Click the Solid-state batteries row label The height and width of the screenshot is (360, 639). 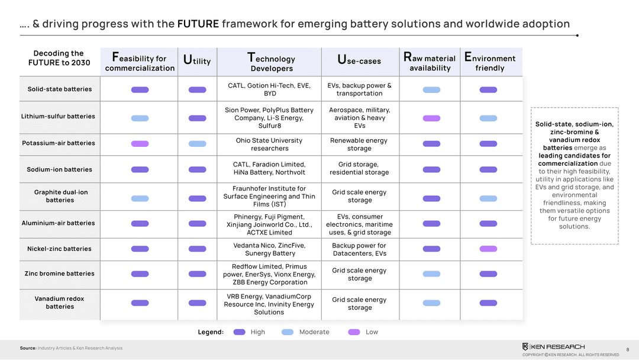click(60, 89)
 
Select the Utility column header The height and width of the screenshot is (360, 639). click(197, 60)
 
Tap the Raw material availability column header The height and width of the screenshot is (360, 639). click(430, 62)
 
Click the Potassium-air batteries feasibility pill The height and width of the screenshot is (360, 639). click(140, 143)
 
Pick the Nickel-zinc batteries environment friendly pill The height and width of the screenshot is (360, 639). click(488, 249)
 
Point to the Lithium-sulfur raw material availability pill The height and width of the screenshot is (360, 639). click(431, 118)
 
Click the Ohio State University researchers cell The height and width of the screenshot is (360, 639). click(269, 144)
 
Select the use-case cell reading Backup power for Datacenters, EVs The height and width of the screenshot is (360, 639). click(359, 249)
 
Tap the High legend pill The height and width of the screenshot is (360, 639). click(239, 332)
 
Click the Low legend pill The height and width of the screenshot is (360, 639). click(354, 332)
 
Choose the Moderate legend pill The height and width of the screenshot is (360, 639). click(288, 332)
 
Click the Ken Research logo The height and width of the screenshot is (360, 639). click(553, 346)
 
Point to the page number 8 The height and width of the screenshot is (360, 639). click(627, 349)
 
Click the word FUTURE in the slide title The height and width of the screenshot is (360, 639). click(198, 24)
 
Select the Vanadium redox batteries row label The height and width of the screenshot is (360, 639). click(60, 303)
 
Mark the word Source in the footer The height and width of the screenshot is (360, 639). click(28, 348)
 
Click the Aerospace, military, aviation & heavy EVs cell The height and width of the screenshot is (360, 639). click(359, 118)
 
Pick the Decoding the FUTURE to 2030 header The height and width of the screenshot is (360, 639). click(59, 58)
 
